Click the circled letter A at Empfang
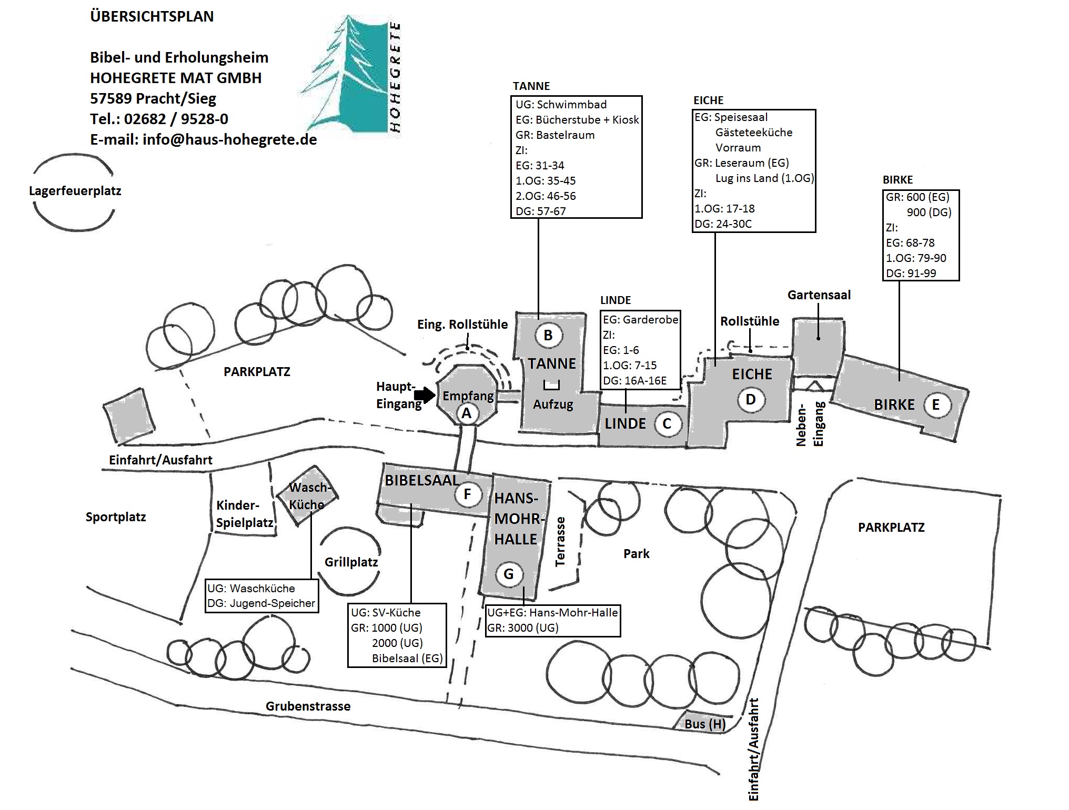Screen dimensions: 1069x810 point(467,413)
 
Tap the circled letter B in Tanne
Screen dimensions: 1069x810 point(548,335)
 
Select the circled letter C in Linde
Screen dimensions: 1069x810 point(667,424)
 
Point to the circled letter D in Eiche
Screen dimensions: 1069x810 point(751,400)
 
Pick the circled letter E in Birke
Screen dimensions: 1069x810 point(935,405)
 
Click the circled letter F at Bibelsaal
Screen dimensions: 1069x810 point(467,494)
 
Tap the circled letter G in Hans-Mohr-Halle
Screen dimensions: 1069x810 point(509,574)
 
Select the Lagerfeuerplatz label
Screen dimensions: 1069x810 point(75,191)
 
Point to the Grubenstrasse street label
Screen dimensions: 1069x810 point(308,706)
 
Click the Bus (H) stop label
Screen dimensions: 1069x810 point(705,724)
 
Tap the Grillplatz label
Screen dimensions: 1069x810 point(351,562)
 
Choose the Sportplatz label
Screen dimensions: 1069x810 point(116,517)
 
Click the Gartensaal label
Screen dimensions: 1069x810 point(819,295)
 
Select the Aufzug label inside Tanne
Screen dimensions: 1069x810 point(553,404)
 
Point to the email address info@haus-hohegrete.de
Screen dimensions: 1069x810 point(230,140)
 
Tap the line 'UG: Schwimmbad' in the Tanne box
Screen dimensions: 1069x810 point(561,105)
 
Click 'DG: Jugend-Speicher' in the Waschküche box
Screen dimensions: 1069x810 point(261,603)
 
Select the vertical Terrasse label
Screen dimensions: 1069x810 point(560,541)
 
